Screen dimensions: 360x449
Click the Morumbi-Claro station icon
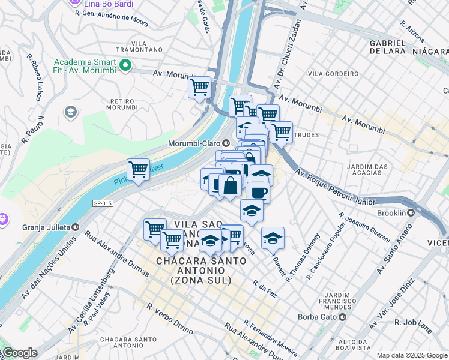[226, 143]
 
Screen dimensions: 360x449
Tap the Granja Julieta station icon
[76, 227]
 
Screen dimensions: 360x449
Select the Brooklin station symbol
[412, 213]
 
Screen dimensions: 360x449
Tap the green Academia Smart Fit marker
[125, 65]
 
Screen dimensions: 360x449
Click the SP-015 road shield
[103, 203]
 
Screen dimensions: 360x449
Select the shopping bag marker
[230, 185]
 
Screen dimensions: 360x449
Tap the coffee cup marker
[258, 193]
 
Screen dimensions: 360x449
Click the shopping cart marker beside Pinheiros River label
[139, 169]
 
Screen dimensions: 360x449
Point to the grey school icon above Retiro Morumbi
[71, 112]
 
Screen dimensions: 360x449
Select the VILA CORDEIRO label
[324, 73]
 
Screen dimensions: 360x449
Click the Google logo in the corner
[19, 353]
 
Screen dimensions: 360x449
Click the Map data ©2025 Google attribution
[411, 355]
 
